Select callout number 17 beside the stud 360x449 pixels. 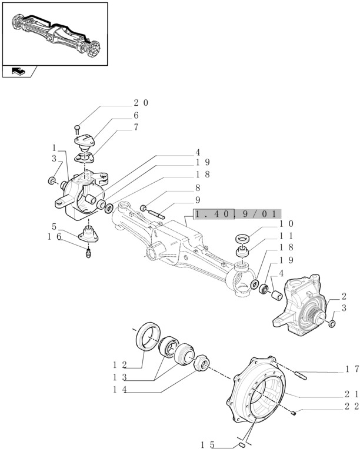352,369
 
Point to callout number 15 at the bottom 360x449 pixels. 206,445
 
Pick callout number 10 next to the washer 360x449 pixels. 286,224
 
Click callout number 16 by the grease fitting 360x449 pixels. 54,237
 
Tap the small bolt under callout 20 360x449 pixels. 78,128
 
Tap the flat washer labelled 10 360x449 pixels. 242,240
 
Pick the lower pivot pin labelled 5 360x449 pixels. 89,232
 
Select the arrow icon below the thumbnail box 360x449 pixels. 19,72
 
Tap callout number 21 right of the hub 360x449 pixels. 352,393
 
